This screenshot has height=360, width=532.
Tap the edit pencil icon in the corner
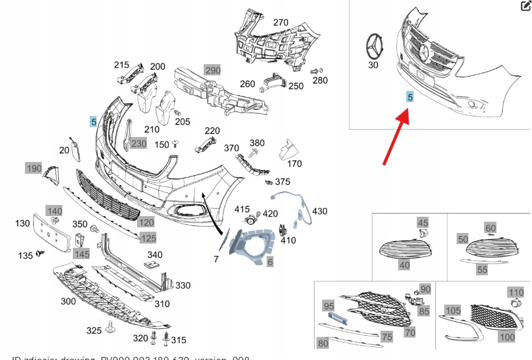point(525,6)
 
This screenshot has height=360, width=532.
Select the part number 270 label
point(281,22)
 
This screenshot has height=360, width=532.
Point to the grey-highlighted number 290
point(212,70)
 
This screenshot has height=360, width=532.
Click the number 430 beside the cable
point(320,212)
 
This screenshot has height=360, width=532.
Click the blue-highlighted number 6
point(270,262)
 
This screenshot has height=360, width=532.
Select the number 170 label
point(294,164)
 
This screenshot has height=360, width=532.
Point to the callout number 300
point(69,301)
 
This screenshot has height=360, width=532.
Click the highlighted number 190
point(33,168)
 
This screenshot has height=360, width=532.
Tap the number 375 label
point(283,182)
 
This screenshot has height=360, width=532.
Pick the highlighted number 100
point(507,337)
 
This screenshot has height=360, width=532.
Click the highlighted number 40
point(404,265)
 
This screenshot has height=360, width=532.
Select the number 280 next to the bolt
point(320,80)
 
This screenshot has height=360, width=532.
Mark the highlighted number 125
point(148,238)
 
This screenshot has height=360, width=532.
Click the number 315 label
point(179,339)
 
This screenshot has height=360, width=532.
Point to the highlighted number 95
point(328,306)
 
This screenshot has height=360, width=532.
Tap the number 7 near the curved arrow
point(216,258)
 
